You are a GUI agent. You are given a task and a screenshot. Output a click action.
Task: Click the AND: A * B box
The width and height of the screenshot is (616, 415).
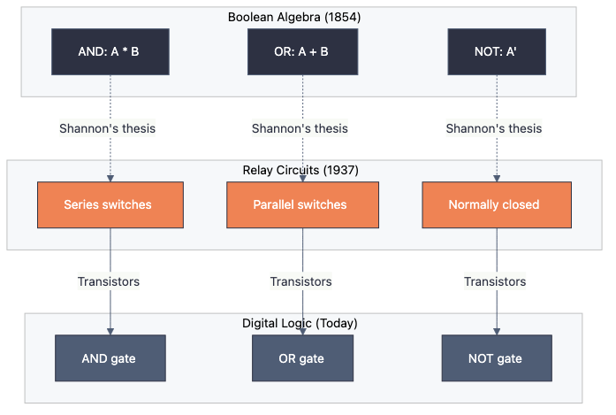pos(109,51)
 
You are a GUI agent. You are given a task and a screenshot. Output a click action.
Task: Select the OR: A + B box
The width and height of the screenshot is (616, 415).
pos(302,51)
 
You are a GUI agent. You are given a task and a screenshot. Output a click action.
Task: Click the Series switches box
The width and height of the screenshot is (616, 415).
pos(108,205)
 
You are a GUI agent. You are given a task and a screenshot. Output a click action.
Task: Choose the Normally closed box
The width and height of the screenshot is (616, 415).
pos(494,205)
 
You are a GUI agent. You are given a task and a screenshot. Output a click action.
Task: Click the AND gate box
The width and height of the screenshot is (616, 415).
pos(110,358)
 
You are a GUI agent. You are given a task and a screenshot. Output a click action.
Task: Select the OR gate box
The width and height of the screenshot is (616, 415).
pos(301,358)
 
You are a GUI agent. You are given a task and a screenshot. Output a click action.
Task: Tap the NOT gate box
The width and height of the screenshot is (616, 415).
pos(496,358)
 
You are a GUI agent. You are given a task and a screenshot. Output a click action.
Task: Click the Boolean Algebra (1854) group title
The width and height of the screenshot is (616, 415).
pos(299,17)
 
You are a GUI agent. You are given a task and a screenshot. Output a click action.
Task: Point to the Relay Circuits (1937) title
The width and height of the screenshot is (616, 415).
pos(300,170)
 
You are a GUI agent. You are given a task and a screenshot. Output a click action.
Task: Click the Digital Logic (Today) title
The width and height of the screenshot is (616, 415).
pos(300,324)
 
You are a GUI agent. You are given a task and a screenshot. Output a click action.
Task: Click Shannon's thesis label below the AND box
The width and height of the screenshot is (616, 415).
pos(108,128)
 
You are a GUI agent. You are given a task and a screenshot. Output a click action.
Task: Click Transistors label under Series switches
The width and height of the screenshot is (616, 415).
pos(109,281)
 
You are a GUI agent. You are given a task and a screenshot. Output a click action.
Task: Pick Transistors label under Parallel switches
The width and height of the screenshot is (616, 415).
pos(301,281)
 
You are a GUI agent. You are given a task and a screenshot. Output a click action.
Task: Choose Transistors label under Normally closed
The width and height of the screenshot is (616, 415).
pos(495,281)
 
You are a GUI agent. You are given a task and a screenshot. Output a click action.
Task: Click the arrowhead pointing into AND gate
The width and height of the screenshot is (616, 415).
pos(110,331)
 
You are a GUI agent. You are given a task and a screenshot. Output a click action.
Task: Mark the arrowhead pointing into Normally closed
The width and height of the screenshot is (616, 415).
pos(495,178)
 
